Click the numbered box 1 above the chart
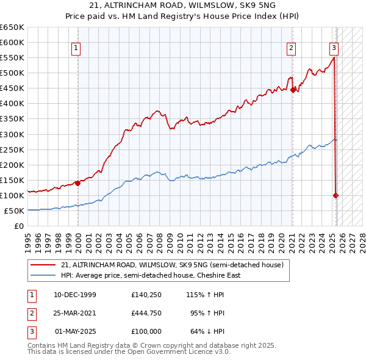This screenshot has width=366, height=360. coord(76,48)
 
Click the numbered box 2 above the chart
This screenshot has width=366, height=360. coord(292,48)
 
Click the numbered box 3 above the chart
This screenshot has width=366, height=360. coord(334,48)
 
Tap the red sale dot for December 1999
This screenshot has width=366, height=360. coord(78,182)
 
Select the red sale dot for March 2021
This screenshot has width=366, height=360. coord(293,89)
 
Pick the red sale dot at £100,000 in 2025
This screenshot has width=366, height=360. coord(336,195)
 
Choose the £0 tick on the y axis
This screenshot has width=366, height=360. coord(18,226)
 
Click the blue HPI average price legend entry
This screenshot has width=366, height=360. coord(150,275)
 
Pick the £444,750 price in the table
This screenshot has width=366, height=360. coord(146,313)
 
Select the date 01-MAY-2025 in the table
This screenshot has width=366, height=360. coord(75,331)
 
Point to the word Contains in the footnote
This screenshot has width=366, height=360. coord(43,345)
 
